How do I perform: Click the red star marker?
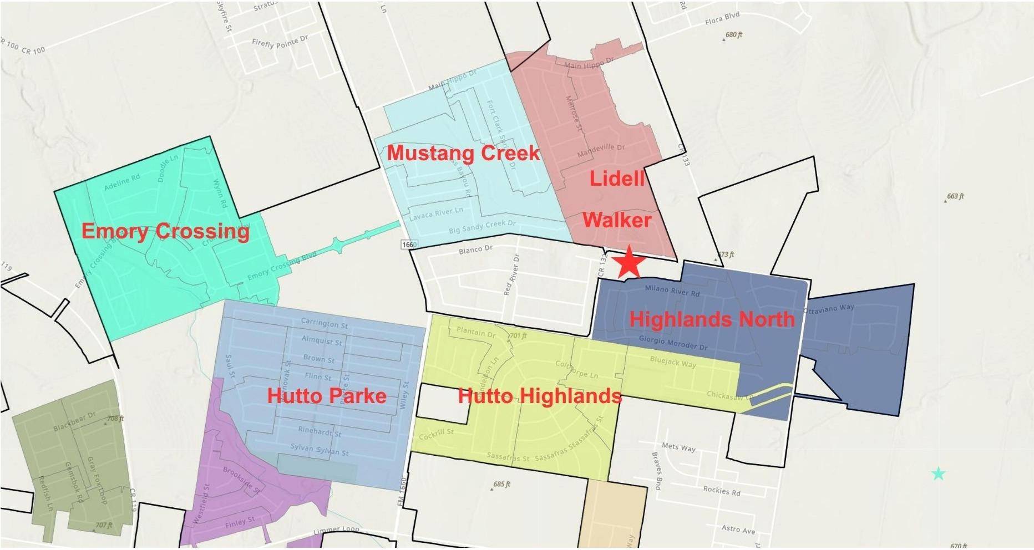[629, 262]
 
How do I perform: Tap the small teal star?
[938, 473]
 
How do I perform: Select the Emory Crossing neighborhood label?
[165, 231]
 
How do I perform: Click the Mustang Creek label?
[463, 153]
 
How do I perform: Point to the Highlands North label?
[712, 319]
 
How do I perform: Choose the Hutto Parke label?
[327, 395]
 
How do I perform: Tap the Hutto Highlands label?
[539, 395]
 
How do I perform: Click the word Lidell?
[617, 178]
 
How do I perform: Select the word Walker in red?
[616, 220]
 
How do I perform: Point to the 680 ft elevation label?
[733, 35]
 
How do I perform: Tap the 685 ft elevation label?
[501, 484]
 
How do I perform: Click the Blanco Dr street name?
[475, 249]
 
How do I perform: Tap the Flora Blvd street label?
[722, 19]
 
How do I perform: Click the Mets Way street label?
[678, 447]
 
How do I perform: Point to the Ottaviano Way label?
[829, 309]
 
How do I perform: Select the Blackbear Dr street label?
[74, 421]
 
